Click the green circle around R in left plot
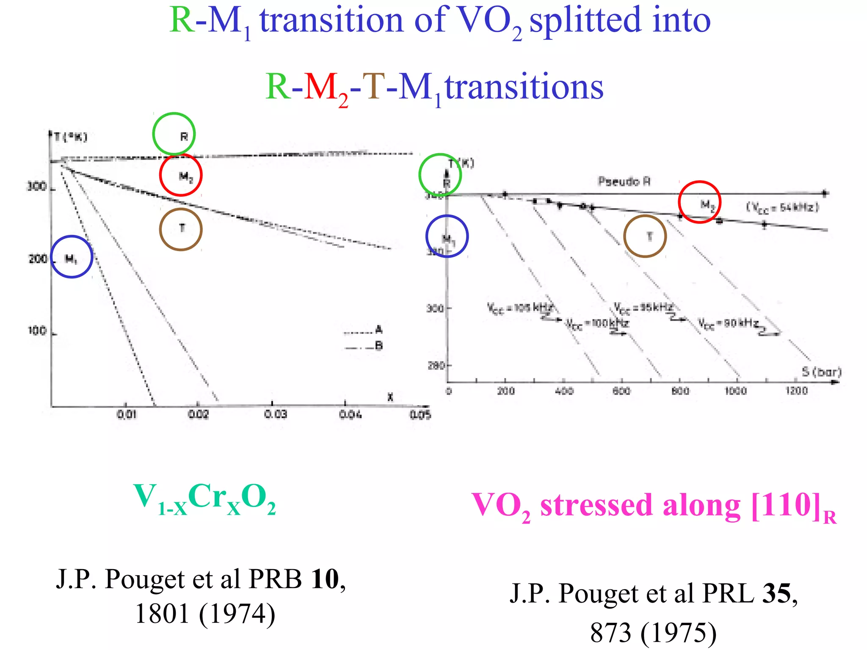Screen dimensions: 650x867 click(174, 134)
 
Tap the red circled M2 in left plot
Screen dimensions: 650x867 click(181, 175)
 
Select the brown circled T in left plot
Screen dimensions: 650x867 click(181, 229)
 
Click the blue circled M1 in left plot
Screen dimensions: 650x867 click(72, 257)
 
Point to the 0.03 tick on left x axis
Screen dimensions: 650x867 click(276, 414)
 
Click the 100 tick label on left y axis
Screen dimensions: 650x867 click(37, 331)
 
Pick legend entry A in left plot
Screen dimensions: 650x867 click(378, 330)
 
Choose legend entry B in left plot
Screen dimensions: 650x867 click(379, 346)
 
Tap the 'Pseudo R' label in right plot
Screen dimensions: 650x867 click(624, 182)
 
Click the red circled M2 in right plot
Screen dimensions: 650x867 click(699, 202)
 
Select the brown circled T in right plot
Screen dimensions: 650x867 click(645, 236)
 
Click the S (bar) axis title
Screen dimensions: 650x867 click(821, 372)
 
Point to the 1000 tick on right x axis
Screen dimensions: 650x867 click(735, 391)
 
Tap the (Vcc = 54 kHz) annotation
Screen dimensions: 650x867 click(782, 207)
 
